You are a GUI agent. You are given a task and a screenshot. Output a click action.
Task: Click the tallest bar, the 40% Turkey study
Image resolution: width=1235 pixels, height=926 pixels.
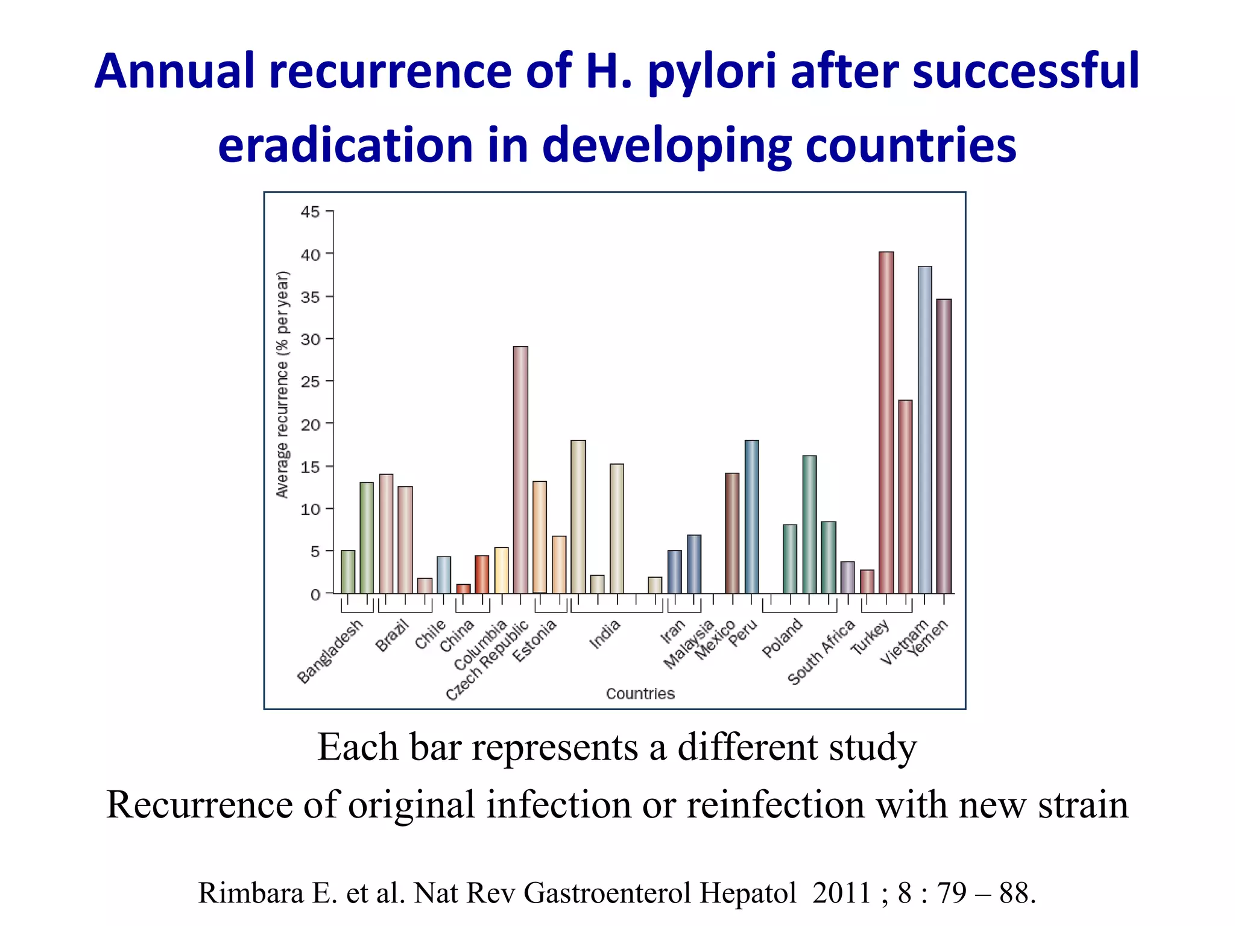pos(886,422)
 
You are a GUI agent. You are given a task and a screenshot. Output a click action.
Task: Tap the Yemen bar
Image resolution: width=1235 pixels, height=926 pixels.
pos(944,446)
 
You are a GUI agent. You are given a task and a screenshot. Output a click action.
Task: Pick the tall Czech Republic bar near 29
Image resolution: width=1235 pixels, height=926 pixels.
pos(520,470)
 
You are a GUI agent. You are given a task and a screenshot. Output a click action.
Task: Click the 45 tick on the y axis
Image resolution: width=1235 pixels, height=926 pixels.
pos(311,212)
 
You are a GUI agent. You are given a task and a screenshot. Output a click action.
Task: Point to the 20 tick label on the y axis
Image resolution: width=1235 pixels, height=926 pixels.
pos(311,424)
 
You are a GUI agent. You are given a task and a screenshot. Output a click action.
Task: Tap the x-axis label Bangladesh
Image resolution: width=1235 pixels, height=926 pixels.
pos(330,651)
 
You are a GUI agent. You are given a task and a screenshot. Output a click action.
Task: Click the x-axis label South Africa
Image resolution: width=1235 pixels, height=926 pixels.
pos(821,652)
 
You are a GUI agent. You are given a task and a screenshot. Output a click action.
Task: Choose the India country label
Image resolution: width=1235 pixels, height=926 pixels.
pos(605,634)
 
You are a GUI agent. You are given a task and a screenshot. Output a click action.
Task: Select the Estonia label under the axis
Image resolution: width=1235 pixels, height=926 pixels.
pos(534,641)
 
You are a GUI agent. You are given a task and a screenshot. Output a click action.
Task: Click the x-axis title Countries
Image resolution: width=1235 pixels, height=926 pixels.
pos(640,694)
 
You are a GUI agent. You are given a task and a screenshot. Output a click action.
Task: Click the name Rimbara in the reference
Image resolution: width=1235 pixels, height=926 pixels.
pos(250,893)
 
